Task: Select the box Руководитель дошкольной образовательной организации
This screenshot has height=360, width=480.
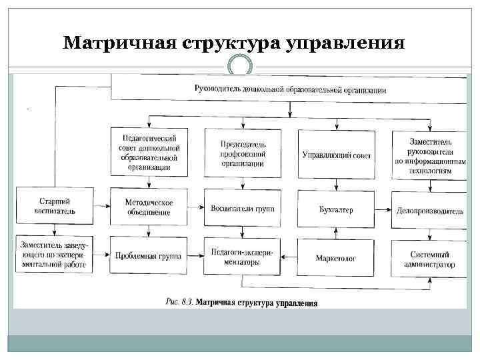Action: click(x=290, y=88)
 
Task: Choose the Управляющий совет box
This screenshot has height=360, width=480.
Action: click(x=337, y=155)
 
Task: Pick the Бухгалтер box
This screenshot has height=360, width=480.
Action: click(x=337, y=209)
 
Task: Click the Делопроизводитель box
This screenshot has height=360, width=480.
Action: click(x=430, y=211)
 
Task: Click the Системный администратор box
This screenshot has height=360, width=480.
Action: click(x=431, y=259)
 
